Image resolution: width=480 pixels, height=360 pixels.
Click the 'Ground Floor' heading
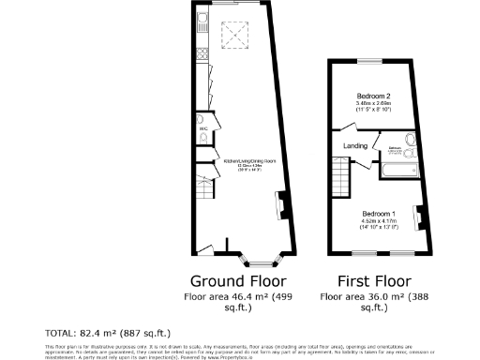[239, 280]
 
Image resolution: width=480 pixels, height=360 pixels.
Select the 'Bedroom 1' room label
[380, 214]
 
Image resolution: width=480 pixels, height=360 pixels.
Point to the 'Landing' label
[355, 145]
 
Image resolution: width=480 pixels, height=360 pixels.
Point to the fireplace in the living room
[281, 202]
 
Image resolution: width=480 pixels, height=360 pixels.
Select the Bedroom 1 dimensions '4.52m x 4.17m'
[380, 221]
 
